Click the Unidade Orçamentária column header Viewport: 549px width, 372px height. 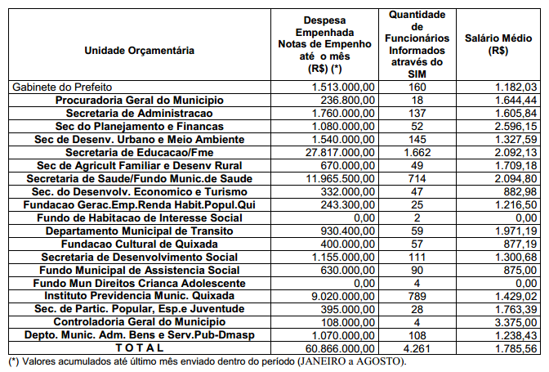pyautogui.click(x=140, y=51)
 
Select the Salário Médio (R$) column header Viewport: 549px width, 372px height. pyautogui.click(x=497, y=44)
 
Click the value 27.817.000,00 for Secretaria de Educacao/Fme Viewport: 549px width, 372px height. pyautogui.click(x=340, y=152)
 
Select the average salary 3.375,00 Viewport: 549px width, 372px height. pyautogui.click(x=516, y=322)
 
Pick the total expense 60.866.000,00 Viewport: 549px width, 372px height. pyautogui.click(x=340, y=348)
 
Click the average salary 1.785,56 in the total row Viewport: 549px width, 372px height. pyautogui.click(x=516, y=348)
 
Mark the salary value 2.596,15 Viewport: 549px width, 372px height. pyautogui.click(x=516, y=126)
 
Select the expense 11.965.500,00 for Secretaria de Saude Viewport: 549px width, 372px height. pyautogui.click(x=340, y=178)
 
